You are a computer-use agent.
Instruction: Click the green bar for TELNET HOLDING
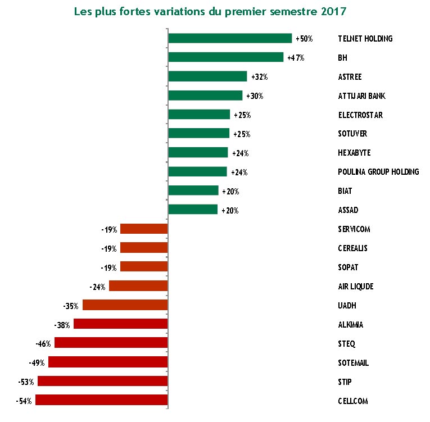230,38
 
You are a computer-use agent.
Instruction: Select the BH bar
225,57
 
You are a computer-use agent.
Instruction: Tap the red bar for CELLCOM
102,400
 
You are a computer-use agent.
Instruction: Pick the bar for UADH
125,305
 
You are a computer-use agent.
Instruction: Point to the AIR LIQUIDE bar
138,286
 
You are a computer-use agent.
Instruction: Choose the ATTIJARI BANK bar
205,96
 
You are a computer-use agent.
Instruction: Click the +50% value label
304,39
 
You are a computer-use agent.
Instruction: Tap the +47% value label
295,58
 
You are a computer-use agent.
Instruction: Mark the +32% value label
259,77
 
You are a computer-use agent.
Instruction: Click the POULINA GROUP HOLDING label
378,172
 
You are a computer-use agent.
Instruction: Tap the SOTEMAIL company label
353,363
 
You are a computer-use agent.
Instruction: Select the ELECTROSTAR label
360,115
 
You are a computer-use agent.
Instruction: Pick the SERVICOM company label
354,229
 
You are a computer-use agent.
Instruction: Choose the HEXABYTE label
354,153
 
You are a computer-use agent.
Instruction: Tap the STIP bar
103,381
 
